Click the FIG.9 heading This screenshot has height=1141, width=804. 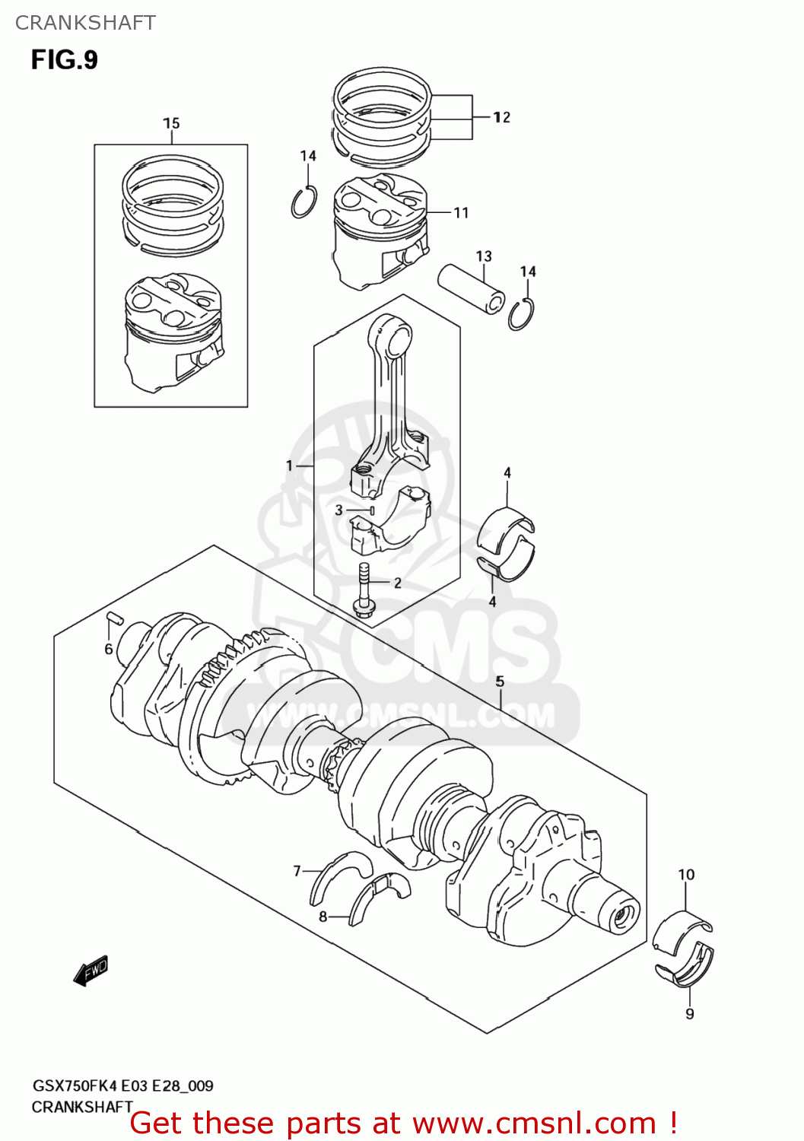(64, 59)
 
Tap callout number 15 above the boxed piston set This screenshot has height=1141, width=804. (171, 123)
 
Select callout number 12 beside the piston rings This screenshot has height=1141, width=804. (501, 117)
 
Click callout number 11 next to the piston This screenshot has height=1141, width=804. (461, 213)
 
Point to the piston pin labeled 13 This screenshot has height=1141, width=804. (472, 288)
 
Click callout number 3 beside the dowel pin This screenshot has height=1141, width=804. (339, 510)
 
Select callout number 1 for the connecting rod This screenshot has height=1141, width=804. (289, 466)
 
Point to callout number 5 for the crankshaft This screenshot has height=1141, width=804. (500, 682)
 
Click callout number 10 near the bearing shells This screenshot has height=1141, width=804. (686, 875)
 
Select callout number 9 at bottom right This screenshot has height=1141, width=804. (689, 1014)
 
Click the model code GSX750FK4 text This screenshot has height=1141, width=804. (75, 1086)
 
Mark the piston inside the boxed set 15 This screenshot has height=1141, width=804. (173, 331)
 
